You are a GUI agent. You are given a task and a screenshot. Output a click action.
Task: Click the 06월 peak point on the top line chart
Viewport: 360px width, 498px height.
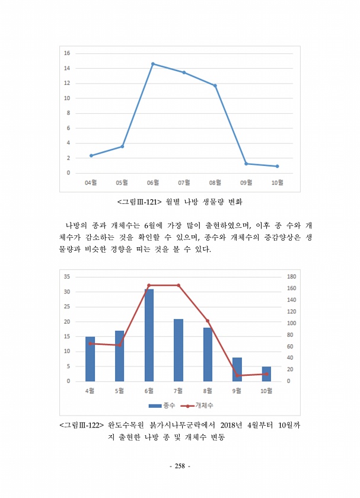(x=153, y=63)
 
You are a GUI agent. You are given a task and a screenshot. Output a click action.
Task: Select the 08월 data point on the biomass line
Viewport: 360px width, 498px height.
(x=215, y=85)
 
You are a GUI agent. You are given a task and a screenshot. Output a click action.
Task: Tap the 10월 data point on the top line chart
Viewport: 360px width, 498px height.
(x=277, y=166)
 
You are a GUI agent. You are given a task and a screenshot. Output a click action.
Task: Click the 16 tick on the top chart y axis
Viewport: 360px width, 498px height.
(x=67, y=53)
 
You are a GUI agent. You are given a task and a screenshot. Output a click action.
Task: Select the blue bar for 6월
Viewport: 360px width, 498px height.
(x=149, y=335)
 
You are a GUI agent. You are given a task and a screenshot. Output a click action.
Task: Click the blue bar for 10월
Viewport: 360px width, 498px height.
(x=266, y=373)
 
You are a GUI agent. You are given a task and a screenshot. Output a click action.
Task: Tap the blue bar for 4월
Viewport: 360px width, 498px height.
(x=90, y=359)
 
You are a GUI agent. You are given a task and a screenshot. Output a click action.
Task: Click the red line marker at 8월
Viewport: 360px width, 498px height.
(x=208, y=321)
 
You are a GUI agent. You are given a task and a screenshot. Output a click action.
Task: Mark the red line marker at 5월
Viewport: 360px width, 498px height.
(x=120, y=345)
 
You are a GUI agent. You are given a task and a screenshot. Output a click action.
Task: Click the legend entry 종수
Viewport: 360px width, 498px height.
(x=158, y=406)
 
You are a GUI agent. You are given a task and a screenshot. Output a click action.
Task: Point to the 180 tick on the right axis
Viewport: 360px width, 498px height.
(x=291, y=277)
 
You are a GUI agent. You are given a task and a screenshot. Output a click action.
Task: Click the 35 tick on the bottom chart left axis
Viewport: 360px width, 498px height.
(x=66, y=277)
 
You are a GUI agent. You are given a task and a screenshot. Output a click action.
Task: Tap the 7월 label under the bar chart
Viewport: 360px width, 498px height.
(x=178, y=391)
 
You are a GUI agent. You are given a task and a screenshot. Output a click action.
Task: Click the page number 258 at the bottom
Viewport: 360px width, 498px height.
(x=180, y=467)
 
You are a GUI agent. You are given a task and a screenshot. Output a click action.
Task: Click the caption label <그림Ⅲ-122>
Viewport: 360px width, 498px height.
(x=82, y=425)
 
